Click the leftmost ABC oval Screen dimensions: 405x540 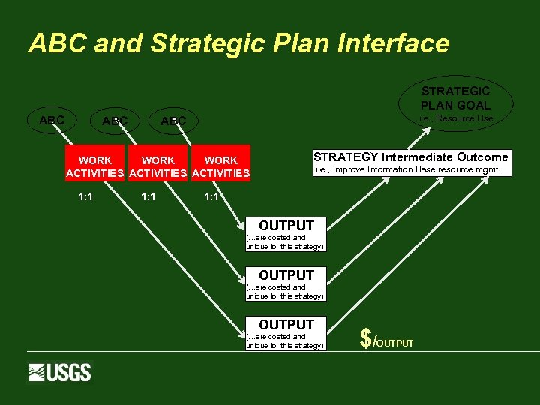tap(52, 120)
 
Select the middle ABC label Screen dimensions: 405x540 tap(115, 121)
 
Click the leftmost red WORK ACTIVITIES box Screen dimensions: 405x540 tap(94, 166)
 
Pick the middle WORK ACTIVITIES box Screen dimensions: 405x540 tap(157, 166)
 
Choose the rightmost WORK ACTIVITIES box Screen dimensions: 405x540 tap(220, 166)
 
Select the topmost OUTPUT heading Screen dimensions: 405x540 tap(286, 225)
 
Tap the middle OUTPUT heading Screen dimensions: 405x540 tap(286, 275)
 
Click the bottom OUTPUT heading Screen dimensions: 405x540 tap(286, 324)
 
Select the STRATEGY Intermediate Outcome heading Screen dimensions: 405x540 tap(410, 157)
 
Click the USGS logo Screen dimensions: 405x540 tap(60, 372)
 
